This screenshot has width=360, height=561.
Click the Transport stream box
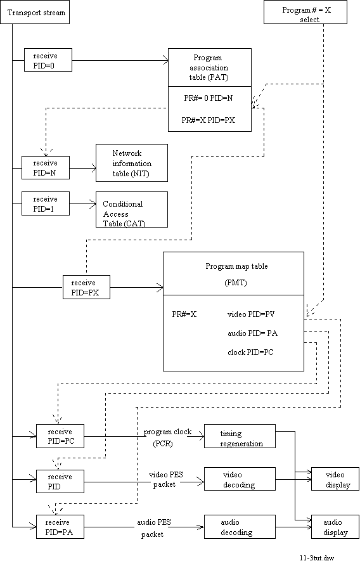pos(35,13)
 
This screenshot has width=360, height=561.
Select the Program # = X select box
pos(305,13)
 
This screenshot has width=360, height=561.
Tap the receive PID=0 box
pos(48,60)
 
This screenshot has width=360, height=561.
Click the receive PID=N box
pos(46,168)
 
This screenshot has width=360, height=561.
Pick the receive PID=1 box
pos(46,203)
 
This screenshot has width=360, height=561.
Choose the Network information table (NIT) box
pos(132,163)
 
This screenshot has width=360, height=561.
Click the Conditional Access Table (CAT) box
pos(132,210)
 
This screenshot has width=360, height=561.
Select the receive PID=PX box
pos(86,287)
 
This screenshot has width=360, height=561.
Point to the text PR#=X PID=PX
pos(209,120)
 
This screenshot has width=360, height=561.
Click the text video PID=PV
pos(251,314)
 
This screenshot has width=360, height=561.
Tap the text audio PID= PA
pos(252,333)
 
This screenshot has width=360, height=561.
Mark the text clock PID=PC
pos(250,352)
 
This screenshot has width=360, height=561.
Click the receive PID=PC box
pos(60,436)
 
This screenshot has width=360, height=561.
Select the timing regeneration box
pos(240,436)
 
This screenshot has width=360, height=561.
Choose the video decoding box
pos(240,479)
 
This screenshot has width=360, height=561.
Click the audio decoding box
pos(240,527)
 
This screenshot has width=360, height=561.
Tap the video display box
pos(335,479)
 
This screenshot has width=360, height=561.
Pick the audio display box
pos(335,527)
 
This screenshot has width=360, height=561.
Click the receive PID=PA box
pos(60,527)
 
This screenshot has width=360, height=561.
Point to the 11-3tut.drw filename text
pos(317,557)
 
